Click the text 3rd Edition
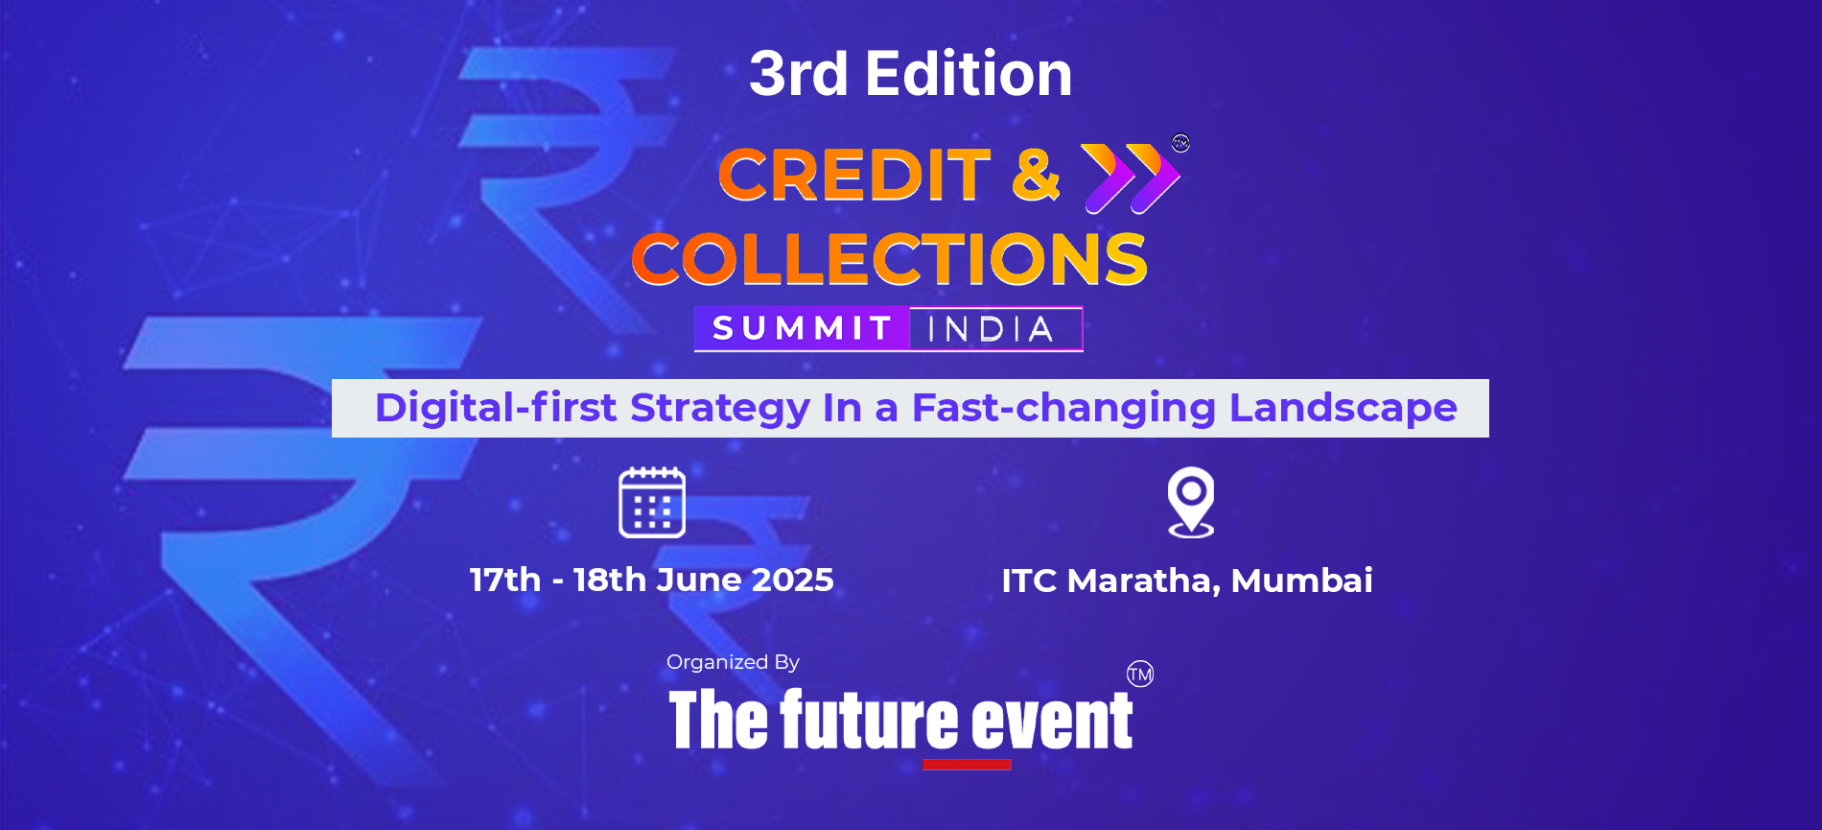click(x=910, y=74)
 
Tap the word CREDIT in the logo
click(x=853, y=176)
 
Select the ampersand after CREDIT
click(x=1036, y=175)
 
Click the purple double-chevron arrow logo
click(x=1131, y=178)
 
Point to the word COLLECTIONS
click(x=889, y=259)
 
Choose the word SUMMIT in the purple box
click(x=802, y=329)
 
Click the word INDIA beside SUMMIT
click(x=991, y=330)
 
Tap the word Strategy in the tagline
click(x=719, y=408)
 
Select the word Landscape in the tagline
click(x=1343, y=408)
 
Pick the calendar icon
click(x=652, y=503)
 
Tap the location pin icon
click(x=1190, y=501)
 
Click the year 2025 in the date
click(x=792, y=581)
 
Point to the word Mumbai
click(x=1301, y=581)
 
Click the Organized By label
click(x=733, y=662)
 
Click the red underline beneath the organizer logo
click(x=967, y=765)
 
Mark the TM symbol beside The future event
click(x=1140, y=674)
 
